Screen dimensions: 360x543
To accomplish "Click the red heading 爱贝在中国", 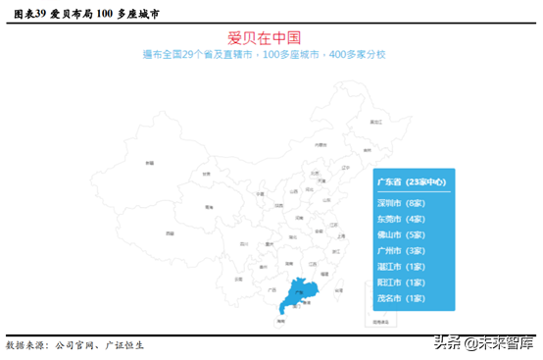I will [x=271, y=38].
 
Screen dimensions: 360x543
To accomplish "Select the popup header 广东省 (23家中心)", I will [x=411, y=182].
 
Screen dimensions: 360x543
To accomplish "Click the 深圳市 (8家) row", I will [x=401, y=202].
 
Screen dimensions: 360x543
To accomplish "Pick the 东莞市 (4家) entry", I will [x=401, y=219].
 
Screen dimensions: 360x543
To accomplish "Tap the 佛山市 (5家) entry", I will [x=401, y=234].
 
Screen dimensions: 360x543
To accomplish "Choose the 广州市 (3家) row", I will [x=401, y=250].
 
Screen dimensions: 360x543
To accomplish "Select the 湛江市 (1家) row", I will [x=401, y=266].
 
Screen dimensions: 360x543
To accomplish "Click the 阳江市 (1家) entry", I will [x=401, y=282].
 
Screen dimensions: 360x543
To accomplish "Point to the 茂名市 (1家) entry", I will [x=401, y=297].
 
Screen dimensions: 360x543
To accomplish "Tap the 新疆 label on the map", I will [x=150, y=161].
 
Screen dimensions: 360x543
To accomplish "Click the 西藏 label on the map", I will [x=169, y=233].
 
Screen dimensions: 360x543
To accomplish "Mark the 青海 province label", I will [x=209, y=207].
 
